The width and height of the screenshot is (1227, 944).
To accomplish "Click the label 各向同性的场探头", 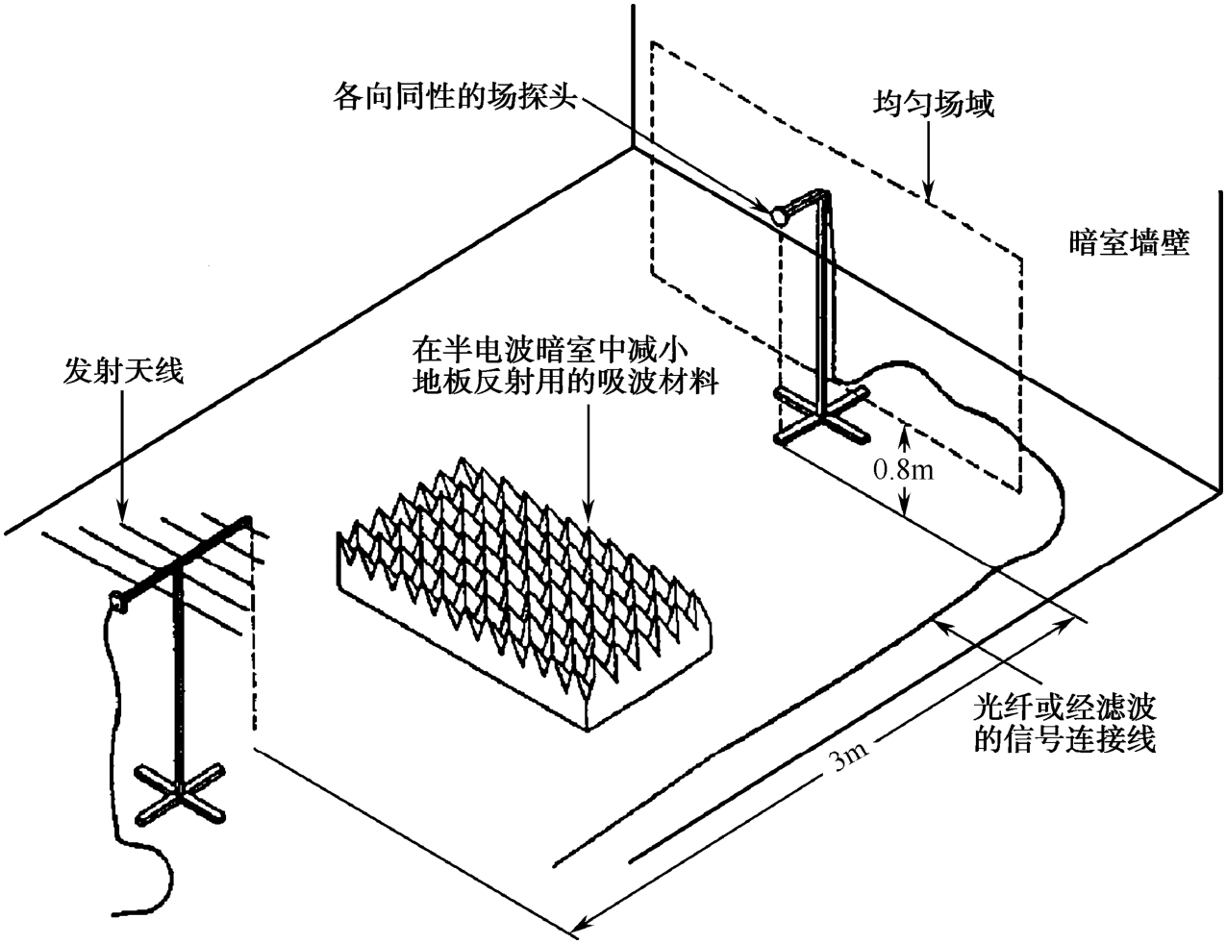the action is (455, 96).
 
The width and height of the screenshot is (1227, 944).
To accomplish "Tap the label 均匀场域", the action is (933, 105).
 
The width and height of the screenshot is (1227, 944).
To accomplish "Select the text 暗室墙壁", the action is (1129, 243).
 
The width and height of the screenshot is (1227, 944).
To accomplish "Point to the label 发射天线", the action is (124, 372).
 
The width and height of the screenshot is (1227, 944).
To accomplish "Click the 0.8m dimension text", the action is (904, 469).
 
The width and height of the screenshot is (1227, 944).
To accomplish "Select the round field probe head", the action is (779, 215).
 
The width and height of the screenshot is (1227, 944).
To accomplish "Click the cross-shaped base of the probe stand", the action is (821, 417).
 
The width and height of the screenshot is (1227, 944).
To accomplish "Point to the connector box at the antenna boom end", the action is (117, 602).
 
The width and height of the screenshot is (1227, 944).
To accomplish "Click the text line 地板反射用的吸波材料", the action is (565, 382).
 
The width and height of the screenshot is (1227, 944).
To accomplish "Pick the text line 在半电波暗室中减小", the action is (549, 350).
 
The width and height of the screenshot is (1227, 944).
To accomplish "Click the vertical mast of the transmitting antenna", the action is (179, 677).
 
